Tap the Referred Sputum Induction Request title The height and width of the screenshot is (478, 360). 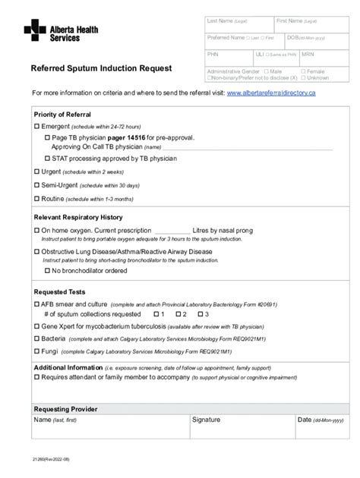pyautogui.click(x=101, y=68)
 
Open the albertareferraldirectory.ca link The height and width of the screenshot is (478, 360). pyautogui.click(x=271, y=93)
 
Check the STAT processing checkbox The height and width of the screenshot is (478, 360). pyautogui.click(x=47, y=159)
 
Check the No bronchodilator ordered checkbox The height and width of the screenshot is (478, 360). pyautogui.click(x=47, y=270)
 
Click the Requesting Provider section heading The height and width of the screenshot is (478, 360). pyautogui.click(x=65, y=409)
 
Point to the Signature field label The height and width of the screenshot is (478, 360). pyautogui.click(x=206, y=420)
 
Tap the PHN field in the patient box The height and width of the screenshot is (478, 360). pyautogui.click(x=213, y=55)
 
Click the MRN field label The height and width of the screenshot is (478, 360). pyautogui.click(x=308, y=55)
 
